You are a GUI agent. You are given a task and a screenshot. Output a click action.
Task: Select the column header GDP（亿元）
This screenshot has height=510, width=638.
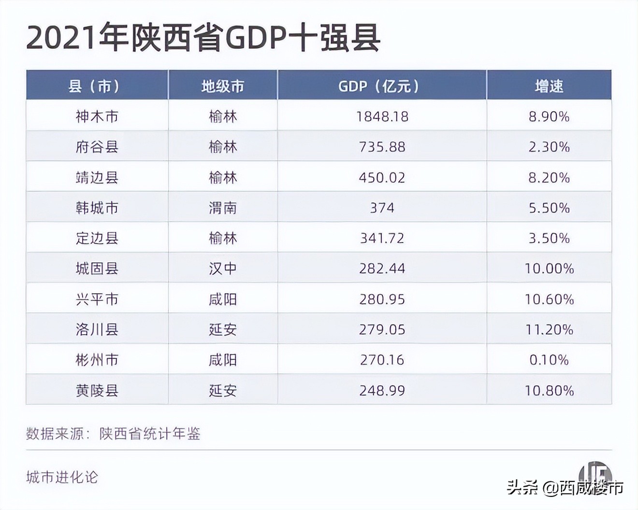381,86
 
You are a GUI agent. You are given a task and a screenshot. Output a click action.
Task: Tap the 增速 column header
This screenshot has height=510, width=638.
549,86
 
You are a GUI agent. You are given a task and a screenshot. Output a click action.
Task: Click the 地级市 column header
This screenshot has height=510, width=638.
222,86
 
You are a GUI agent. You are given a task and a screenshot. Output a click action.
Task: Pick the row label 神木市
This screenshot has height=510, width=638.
97,116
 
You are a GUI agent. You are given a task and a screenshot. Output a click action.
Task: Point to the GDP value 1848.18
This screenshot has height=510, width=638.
382,116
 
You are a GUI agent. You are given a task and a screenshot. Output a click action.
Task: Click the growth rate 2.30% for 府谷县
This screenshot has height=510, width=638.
549,147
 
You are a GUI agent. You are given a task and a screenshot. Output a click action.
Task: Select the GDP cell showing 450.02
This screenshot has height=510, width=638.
382,177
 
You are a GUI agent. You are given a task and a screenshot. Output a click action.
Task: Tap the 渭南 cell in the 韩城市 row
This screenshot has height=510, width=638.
222,208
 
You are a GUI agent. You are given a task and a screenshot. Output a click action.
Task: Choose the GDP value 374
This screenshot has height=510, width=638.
382,208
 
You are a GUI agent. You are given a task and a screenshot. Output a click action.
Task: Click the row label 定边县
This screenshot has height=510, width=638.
97,238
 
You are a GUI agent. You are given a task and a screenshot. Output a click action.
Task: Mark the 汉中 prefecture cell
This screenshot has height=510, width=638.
222,269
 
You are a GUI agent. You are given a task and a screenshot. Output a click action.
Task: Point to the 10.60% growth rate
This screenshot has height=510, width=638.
549,299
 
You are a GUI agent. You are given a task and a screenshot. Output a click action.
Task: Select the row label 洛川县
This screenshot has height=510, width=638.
97,329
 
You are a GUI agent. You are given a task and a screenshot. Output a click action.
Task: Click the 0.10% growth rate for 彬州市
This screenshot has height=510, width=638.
549,360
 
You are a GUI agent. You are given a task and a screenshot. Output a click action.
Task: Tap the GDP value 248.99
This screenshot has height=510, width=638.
382,390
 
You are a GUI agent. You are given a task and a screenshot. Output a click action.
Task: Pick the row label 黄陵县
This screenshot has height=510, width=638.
97,390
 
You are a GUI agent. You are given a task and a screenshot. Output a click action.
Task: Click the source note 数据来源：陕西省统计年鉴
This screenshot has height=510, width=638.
113,433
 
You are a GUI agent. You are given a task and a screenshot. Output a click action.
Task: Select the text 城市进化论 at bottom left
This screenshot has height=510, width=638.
62,477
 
